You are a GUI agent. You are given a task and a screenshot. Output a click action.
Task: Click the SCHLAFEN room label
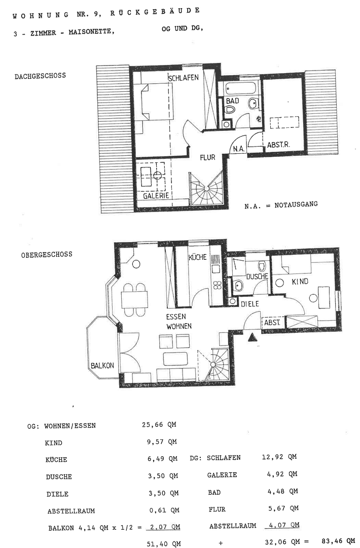(183, 78)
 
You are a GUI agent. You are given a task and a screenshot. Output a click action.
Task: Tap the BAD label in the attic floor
(232, 101)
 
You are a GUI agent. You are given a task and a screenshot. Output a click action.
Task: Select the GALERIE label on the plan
(156, 196)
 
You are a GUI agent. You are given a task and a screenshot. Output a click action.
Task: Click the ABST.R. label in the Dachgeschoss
(278, 145)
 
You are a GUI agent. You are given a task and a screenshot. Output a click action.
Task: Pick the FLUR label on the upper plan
(207, 157)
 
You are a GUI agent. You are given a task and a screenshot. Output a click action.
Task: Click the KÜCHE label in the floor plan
(197, 257)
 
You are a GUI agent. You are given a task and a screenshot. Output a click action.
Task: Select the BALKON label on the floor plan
(101, 365)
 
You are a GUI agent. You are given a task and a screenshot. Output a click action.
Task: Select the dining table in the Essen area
(134, 299)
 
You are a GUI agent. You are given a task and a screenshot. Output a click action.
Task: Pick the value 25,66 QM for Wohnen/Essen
(159, 425)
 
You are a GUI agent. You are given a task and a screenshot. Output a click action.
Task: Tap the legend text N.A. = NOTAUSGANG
(280, 205)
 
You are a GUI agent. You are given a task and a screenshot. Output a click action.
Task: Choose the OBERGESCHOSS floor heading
(47, 254)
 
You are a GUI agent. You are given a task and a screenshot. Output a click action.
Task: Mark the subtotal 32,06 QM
(281, 541)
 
